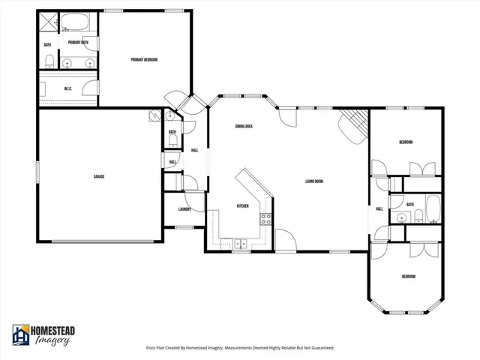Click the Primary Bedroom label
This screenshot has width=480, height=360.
144,60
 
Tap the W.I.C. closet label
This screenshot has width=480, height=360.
67,88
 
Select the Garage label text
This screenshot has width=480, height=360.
98,176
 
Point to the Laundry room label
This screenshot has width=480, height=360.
184,210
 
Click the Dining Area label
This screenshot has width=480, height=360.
243,127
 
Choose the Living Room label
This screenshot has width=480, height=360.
313,181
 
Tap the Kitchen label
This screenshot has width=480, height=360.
243,205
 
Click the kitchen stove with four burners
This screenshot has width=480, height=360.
265,219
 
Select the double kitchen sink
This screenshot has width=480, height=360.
241,243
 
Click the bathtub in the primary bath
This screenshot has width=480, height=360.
74,20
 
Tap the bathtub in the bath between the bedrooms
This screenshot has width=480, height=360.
433,209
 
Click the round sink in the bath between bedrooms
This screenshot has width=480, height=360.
403,217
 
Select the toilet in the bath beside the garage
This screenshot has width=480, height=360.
172,140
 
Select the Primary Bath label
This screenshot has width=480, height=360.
79,43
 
